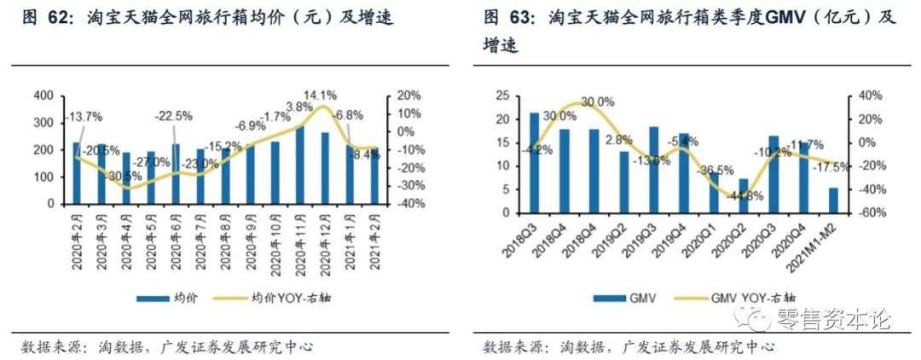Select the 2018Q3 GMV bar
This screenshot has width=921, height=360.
[x=534, y=162]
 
